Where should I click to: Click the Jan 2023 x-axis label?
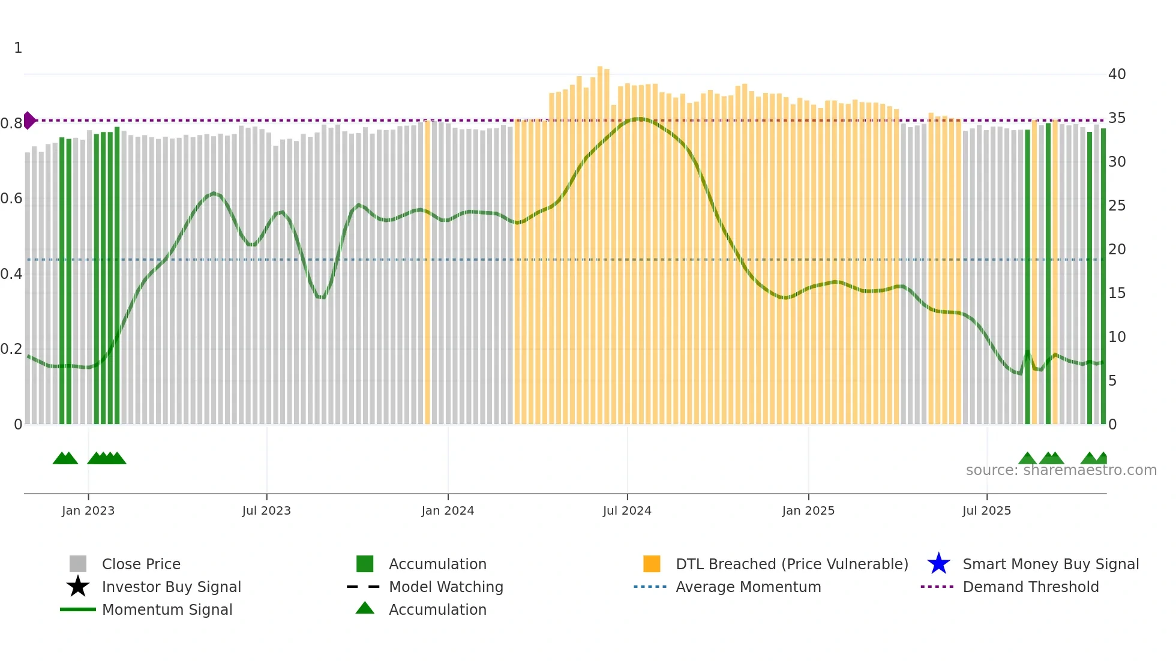click(x=88, y=510)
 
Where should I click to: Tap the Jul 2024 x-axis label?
click(x=627, y=510)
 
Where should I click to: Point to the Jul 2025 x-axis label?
click(x=986, y=510)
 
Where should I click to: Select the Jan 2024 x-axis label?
click(x=448, y=510)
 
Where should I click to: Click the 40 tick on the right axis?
click(x=1117, y=74)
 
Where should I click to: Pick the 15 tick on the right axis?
click(x=1117, y=293)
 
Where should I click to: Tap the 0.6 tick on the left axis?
click(x=11, y=199)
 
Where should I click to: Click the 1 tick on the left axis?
click(x=18, y=48)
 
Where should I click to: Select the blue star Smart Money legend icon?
click(x=938, y=564)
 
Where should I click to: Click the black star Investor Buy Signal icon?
click(x=78, y=587)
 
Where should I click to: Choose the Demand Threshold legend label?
click(x=1030, y=587)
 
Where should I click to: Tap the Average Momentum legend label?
click(x=748, y=587)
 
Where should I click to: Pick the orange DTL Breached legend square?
click(x=652, y=564)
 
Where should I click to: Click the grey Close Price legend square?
click(x=78, y=564)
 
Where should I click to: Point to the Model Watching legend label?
click(x=446, y=587)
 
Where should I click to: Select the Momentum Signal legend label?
click(x=167, y=609)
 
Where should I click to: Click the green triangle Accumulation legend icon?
click(x=365, y=608)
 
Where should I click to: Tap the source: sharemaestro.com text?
click(x=1061, y=470)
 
